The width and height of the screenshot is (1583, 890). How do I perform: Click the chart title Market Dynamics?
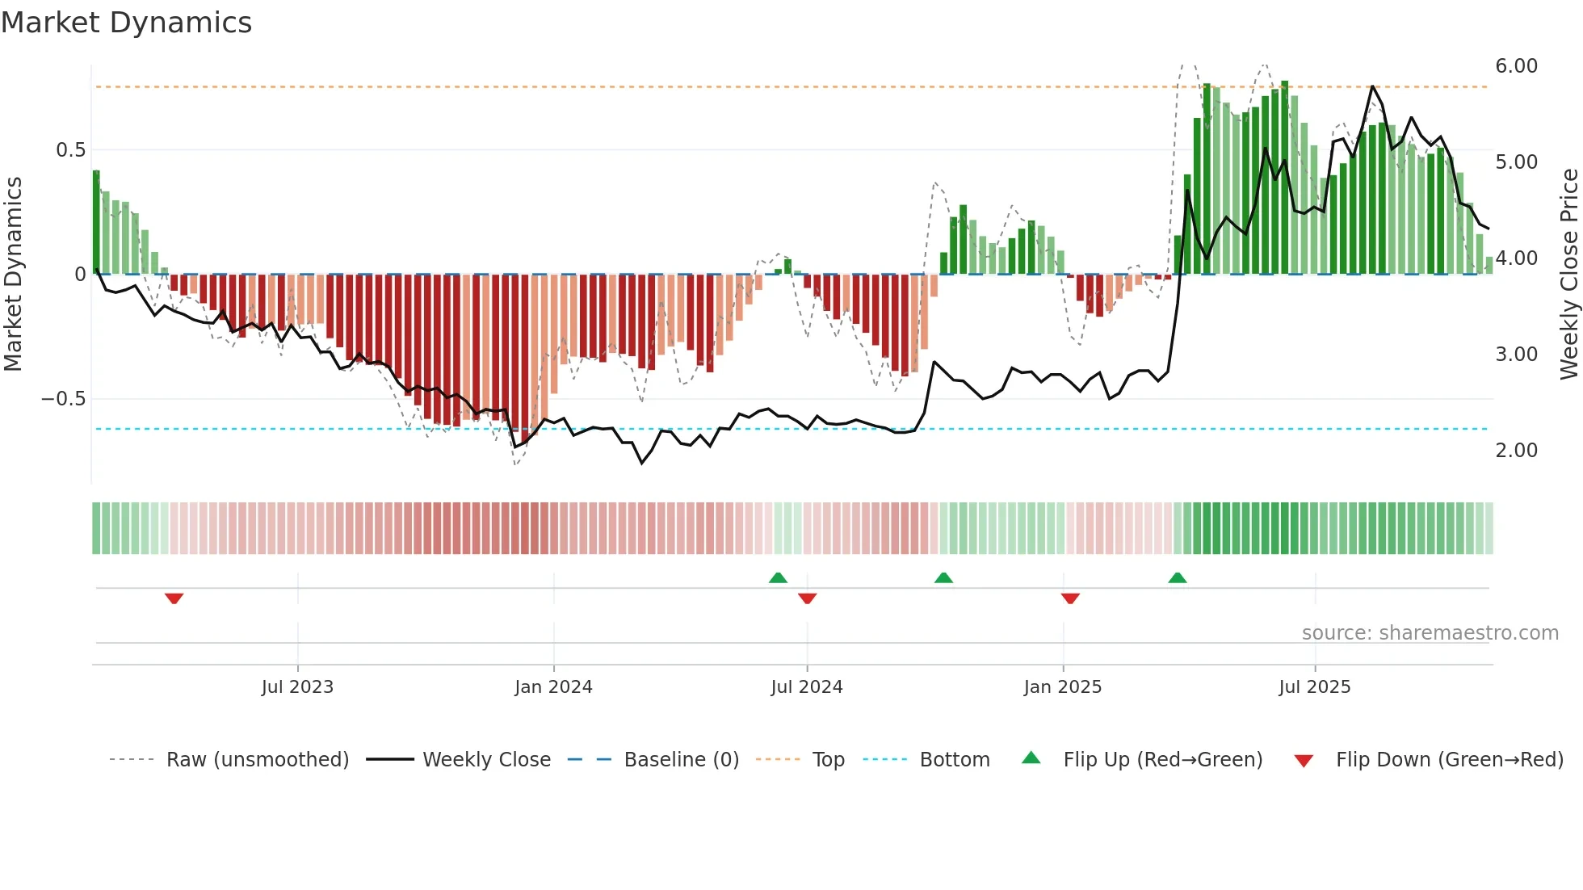pyautogui.click(x=126, y=23)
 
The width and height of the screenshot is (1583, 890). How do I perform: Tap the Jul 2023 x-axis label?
pyautogui.click(x=297, y=687)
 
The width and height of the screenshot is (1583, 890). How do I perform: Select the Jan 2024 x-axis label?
pyautogui.click(x=553, y=687)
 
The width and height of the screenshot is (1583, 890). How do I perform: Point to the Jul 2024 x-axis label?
pyautogui.click(x=807, y=687)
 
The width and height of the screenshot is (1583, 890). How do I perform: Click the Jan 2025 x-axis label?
pyautogui.click(x=1062, y=687)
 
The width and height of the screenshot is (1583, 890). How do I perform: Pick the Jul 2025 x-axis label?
pyautogui.click(x=1314, y=687)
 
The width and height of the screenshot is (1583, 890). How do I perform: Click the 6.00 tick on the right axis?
pyautogui.click(x=1516, y=66)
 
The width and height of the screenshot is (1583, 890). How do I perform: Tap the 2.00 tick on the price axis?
pyautogui.click(x=1516, y=451)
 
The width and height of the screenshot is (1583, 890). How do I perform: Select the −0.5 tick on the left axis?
pyautogui.click(x=63, y=399)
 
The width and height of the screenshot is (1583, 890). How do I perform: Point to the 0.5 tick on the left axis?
pyautogui.click(x=70, y=150)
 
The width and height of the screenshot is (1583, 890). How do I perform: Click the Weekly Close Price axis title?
pyautogui.click(x=1568, y=274)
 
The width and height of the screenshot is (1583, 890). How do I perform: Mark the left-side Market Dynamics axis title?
pyautogui.click(x=13, y=274)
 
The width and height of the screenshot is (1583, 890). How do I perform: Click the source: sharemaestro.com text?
pyautogui.click(x=1430, y=633)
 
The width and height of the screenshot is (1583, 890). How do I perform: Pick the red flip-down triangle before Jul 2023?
pyautogui.click(x=174, y=598)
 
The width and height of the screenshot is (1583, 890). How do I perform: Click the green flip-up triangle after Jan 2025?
pyautogui.click(x=1178, y=577)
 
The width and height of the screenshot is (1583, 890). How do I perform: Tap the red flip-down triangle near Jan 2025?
pyautogui.click(x=1070, y=598)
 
